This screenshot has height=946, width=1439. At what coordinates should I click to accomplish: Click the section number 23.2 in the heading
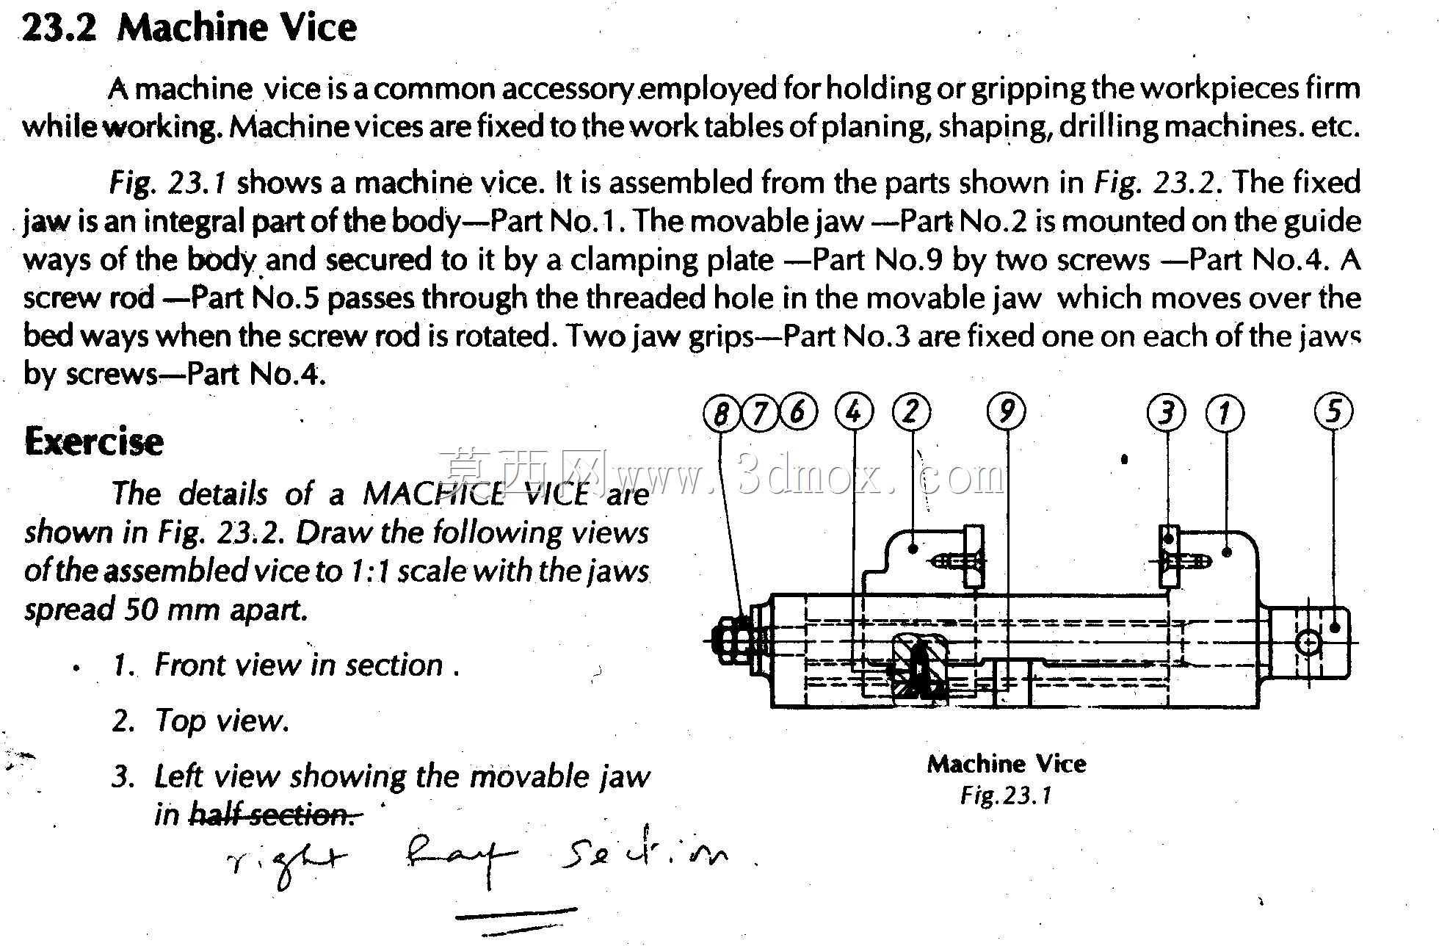point(59,29)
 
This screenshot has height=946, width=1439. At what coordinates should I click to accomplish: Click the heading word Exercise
point(94,441)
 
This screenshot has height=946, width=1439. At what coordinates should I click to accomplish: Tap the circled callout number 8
point(721,414)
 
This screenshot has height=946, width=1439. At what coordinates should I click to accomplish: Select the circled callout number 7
point(759,413)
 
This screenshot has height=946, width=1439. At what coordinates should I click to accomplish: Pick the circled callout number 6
point(798,411)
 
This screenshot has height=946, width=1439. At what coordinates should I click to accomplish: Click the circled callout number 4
point(854,411)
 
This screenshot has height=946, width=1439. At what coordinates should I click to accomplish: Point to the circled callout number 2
point(911,411)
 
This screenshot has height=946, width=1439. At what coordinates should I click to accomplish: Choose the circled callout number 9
point(1007,411)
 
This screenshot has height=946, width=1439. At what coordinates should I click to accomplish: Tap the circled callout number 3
point(1166,413)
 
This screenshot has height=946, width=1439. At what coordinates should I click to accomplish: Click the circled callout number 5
point(1334,411)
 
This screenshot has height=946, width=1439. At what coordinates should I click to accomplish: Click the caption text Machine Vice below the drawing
point(1007,764)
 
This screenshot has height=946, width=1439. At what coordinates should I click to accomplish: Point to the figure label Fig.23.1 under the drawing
point(1006,795)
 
